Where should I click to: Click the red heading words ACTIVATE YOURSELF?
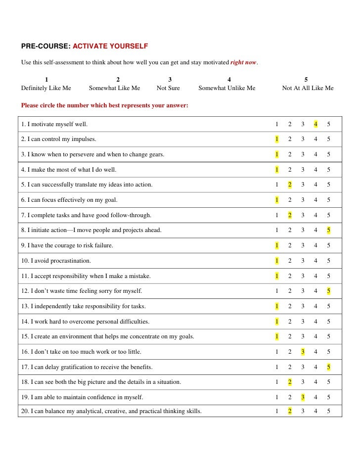[x=110, y=47]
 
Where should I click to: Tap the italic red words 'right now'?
[x=244, y=63]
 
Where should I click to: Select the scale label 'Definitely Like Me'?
[x=46, y=88]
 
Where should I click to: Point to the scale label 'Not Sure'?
[x=168, y=88]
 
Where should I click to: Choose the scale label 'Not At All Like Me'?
[x=308, y=88]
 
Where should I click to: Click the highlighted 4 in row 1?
[x=315, y=124]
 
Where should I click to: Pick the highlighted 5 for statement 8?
[x=328, y=230]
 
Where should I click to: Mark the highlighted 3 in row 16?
[x=303, y=352]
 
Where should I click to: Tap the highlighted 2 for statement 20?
[x=290, y=411]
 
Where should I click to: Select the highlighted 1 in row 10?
[x=277, y=261]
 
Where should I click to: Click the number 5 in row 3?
[x=328, y=154]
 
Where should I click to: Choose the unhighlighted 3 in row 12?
[x=303, y=291]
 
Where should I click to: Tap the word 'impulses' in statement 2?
[x=84, y=139]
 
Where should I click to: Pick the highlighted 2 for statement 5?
[x=290, y=185]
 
